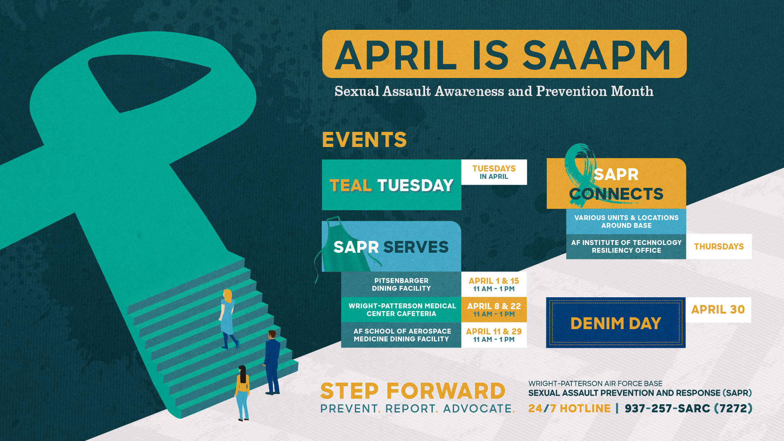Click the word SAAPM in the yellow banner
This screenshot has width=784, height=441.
(x=597, y=56)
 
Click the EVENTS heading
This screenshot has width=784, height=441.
(x=364, y=140)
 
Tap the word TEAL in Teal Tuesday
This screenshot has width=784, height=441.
(x=350, y=186)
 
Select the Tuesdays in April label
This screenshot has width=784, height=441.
(x=494, y=172)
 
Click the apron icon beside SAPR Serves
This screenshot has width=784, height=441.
(x=333, y=245)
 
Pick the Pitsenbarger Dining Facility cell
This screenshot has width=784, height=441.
(x=401, y=285)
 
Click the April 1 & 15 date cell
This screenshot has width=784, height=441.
(x=494, y=285)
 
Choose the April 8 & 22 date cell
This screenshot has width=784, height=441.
(x=494, y=310)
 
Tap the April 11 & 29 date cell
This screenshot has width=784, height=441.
(x=494, y=335)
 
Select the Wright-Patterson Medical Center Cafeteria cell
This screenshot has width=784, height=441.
(x=401, y=310)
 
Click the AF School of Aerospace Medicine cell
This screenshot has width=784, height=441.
(x=401, y=335)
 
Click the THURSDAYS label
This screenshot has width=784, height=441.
(x=719, y=247)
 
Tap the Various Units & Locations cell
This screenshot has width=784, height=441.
(x=626, y=222)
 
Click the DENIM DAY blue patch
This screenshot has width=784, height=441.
(x=615, y=323)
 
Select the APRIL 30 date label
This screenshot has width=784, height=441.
(x=718, y=310)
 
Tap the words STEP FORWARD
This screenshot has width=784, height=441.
(x=412, y=391)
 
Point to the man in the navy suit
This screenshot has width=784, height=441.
(x=272, y=361)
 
